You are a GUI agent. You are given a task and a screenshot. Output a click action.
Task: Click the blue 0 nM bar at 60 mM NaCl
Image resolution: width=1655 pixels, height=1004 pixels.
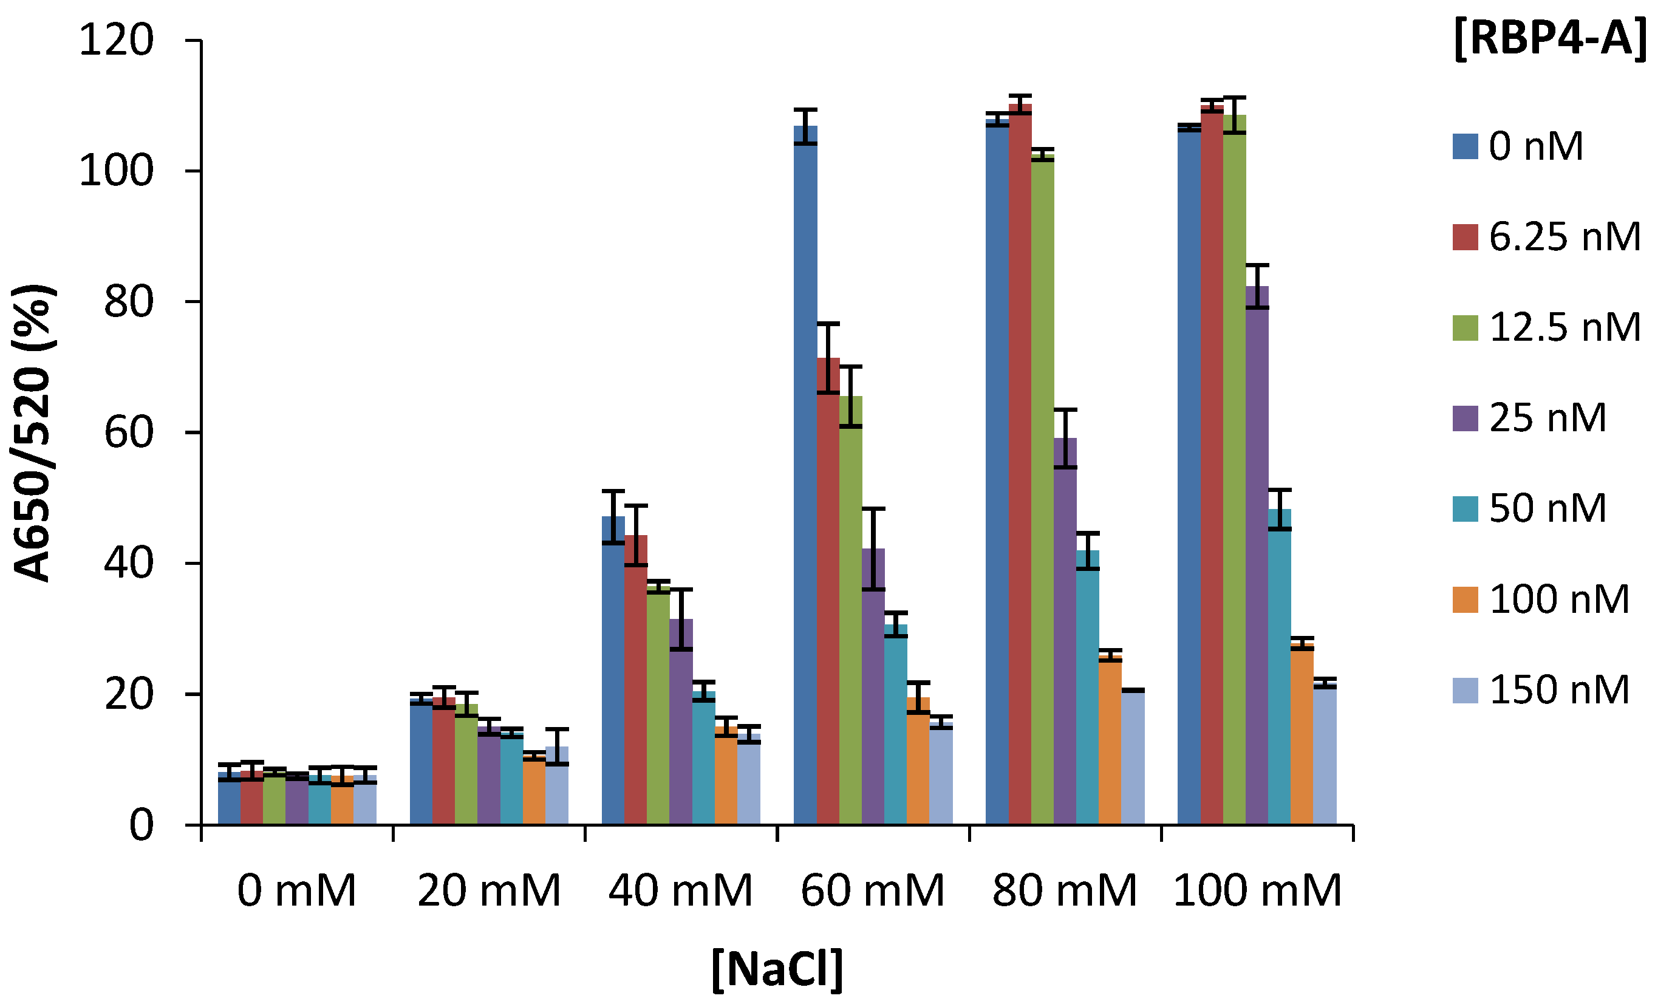[805, 470]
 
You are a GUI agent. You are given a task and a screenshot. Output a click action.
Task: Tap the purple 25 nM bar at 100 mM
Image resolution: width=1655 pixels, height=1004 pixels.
[1257, 558]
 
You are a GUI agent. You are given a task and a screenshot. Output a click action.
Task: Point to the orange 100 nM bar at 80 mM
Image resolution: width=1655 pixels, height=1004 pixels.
[1110, 739]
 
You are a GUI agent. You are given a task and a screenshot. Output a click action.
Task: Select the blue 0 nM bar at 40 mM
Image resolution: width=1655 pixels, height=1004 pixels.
[613, 672]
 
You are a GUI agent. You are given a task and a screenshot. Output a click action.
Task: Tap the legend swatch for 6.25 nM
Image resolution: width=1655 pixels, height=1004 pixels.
[1465, 237]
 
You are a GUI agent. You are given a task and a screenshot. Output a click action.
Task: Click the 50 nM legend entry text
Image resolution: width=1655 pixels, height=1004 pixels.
[1548, 508]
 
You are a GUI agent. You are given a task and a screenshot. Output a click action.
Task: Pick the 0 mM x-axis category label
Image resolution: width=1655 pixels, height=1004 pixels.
[296, 891]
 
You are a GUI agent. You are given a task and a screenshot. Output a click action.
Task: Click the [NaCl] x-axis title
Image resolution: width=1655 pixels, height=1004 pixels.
[777, 969]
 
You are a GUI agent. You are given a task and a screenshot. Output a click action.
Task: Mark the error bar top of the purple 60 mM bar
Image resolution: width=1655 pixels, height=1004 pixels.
[873, 509]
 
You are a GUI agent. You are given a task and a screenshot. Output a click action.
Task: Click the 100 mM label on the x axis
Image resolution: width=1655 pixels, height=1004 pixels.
[1257, 891]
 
